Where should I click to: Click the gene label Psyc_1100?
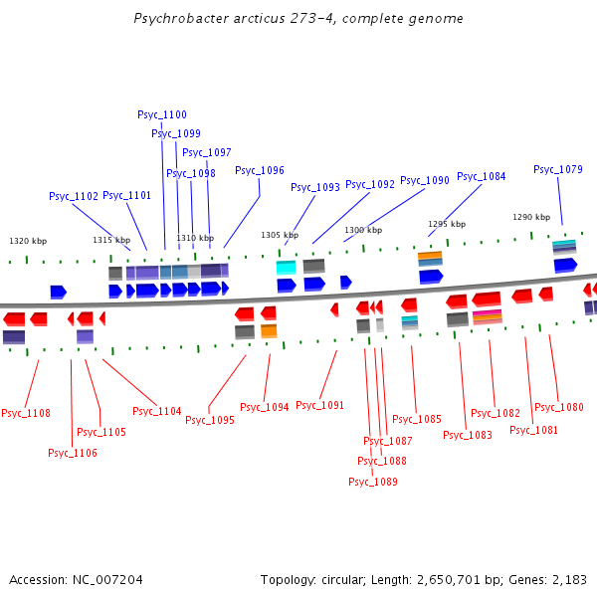tap(162, 114)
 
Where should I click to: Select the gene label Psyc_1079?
tap(558, 169)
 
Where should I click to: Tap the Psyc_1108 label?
tap(26, 413)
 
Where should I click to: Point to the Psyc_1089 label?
tap(373, 482)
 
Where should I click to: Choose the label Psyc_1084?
tap(482, 176)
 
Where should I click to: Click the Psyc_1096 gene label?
tap(260, 170)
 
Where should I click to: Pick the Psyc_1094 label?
tap(265, 407)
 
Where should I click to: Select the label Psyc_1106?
tap(73, 453)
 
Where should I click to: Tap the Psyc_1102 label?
tap(74, 196)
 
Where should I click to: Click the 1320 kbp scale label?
tap(28, 241)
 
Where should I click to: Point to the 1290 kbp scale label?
tap(531, 217)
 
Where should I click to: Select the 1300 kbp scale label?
tap(363, 230)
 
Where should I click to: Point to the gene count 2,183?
tap(568, 579)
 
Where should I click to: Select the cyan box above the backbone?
tap(286, 268)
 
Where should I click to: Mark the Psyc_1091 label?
tap(319, 405)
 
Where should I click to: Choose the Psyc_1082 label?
tap(496, 413)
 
